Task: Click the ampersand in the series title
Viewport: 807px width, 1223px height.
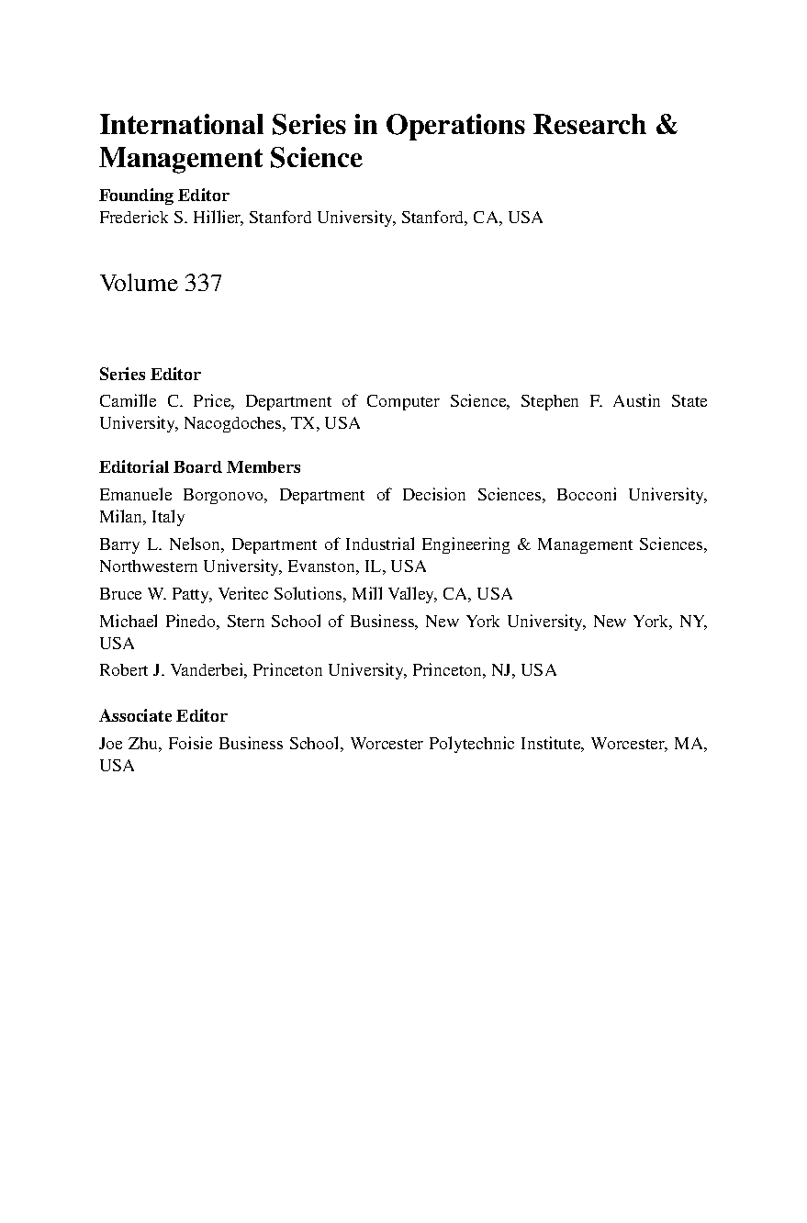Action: (667, 125)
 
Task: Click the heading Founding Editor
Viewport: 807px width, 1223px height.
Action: (164, 195)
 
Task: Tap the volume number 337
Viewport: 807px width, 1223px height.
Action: (203, 283)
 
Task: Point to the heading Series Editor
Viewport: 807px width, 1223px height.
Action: (150, 375)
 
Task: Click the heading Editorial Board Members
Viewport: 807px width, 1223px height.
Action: (200, 467)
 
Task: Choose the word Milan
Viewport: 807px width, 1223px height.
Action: (119, 517)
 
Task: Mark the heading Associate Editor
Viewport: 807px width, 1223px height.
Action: (163, 716)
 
